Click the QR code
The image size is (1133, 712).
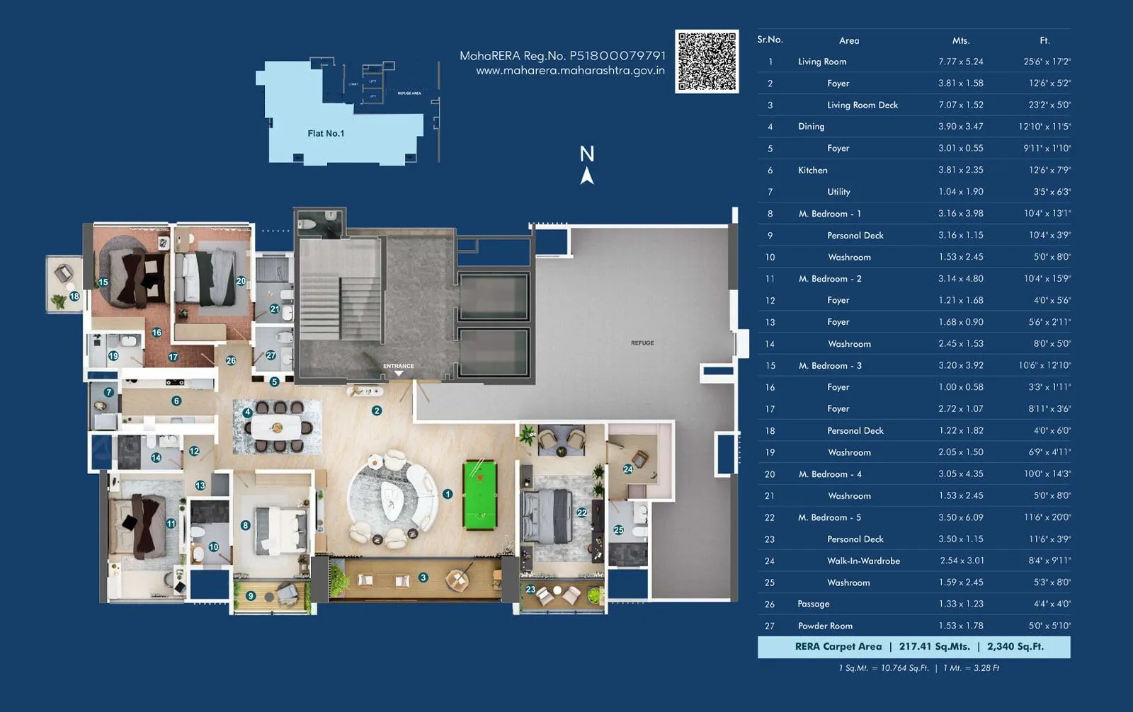pos(706,61)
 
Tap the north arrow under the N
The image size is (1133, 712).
pos(586,176)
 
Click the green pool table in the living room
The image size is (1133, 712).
pos(480,495)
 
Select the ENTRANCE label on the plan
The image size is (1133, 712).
pos(399,366)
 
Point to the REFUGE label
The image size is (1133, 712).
pos(642,343)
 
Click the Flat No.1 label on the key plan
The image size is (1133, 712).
pos(326,133)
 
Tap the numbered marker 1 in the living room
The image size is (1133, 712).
pos(448,494)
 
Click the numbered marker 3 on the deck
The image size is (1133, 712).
pos(423,578)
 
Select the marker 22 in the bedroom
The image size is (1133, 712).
pos(581,512)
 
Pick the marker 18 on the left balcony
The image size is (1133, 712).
pos(74,297)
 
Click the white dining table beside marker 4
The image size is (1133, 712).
pos(277,427)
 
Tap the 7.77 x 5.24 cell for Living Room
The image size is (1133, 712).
pos(960,62)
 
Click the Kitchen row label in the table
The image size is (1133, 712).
pos(812,170)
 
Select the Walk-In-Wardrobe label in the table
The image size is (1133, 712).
pos(863,561)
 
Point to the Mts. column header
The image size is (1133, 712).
pos(960,40)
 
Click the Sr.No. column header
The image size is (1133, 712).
pos(770,40)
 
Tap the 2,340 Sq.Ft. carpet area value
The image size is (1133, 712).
pos(1015,646)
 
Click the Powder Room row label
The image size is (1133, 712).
pos(825,626)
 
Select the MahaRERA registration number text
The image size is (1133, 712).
pos(562,55)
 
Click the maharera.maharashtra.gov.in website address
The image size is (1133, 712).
pos(570,71)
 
